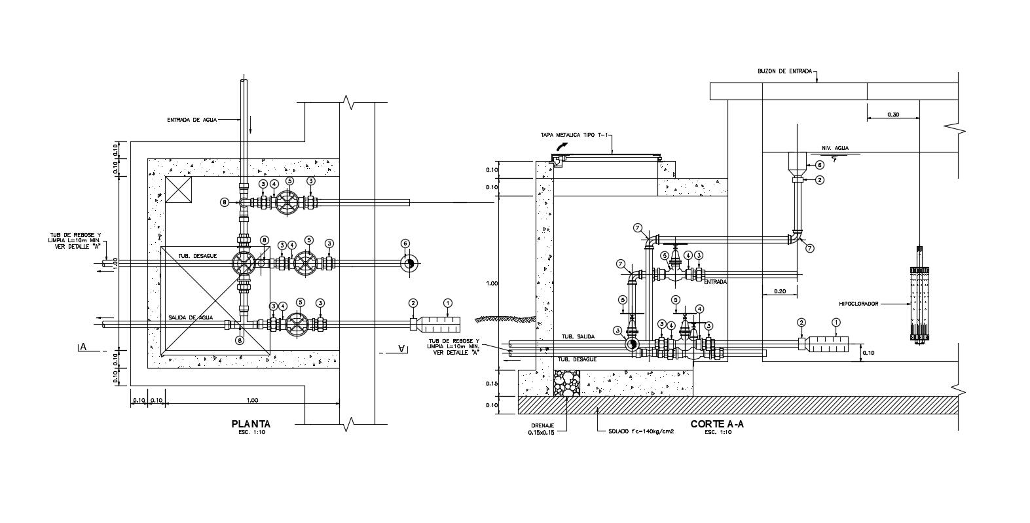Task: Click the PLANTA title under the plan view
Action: coord(251,424)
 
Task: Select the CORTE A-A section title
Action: coord(717,424)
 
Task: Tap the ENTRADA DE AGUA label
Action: coord(191,120)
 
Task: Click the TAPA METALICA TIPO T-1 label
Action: coord(575,135)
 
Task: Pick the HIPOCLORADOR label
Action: coord(858,304)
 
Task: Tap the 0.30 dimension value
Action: coord(893,115)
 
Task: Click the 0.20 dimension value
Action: coord(779,291)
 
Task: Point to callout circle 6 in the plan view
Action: coord(405,243)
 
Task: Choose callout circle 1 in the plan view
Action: coord(448,302)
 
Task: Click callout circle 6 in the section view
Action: coord(819,166)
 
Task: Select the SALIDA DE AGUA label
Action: coord(190,317)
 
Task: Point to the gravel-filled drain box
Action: coord(566,382)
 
